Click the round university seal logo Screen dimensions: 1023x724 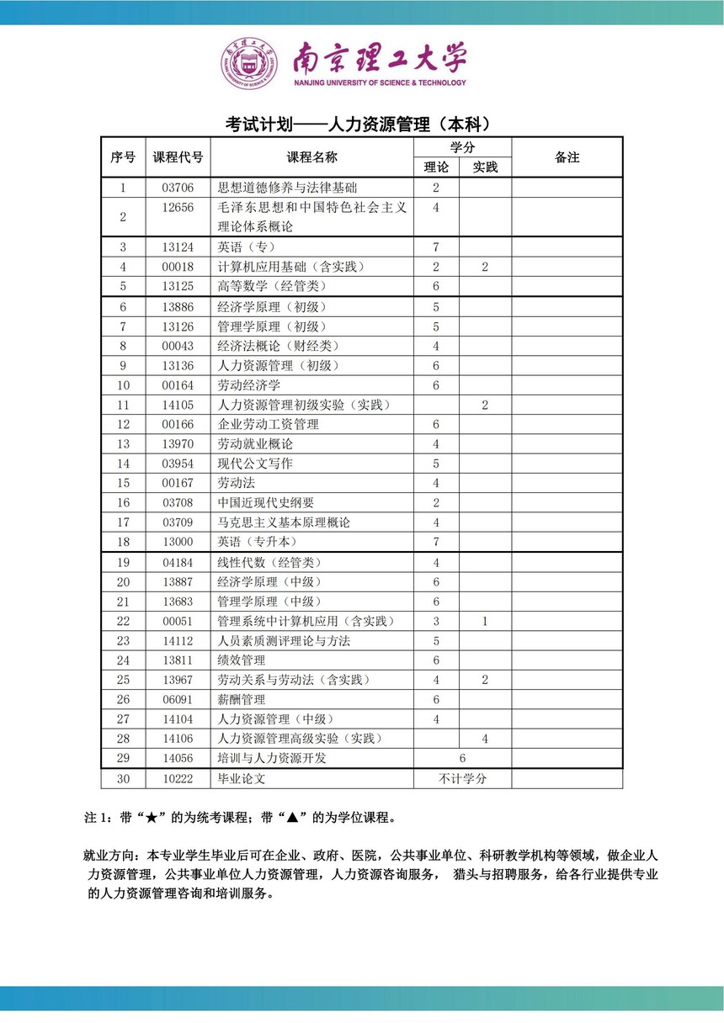[x=248, y=64]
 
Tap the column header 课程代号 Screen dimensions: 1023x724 [x=178, y=157]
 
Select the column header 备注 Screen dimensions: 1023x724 [x=567, y=157]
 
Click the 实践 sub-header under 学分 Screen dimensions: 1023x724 [x=485, y=167]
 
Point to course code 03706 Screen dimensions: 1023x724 [x=178, y=188]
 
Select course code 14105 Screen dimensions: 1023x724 [x=178, y=405]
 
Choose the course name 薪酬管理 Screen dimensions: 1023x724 [x=242, y=699]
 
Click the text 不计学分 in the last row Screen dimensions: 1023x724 [x=462, y=778]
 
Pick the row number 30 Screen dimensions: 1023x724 [x=124, y=778]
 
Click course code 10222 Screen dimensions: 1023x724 [x=178, y=778]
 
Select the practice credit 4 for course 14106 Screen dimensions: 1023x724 [x=485, y=739]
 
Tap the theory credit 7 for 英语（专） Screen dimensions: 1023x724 [x=436, y=247]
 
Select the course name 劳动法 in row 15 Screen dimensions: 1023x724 [x=237, y=483]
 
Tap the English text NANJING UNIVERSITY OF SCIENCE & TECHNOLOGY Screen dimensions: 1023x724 [x=380, y=83]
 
